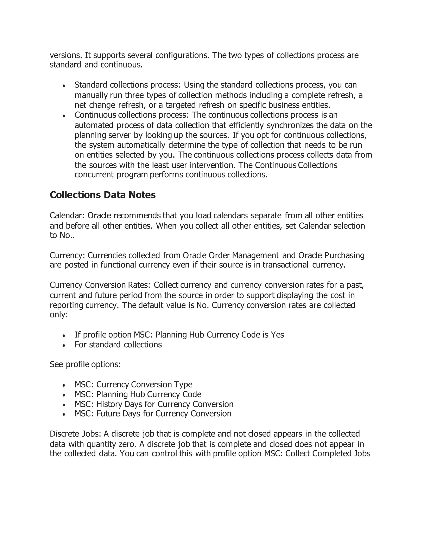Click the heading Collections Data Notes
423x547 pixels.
(x=102, y=195)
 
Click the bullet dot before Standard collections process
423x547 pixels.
(x=64, y=86)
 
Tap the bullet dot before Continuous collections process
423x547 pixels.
(x=64, y=116)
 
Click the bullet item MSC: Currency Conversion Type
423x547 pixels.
(x=133, y=385)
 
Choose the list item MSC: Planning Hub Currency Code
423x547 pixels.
(x=138, y=394)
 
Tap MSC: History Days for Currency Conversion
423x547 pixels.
(x=154, y=404)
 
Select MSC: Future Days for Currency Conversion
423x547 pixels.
(x=153, y=413)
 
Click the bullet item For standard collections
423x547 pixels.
(x=118, y=345)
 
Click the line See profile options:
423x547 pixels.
(x=85, y=364)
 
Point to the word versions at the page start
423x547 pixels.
(x=66, y=55)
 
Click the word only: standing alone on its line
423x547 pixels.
(x=59, y=315)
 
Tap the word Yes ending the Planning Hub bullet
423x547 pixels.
(x=277, y=335)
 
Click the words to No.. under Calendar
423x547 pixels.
(x=62, y=236)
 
